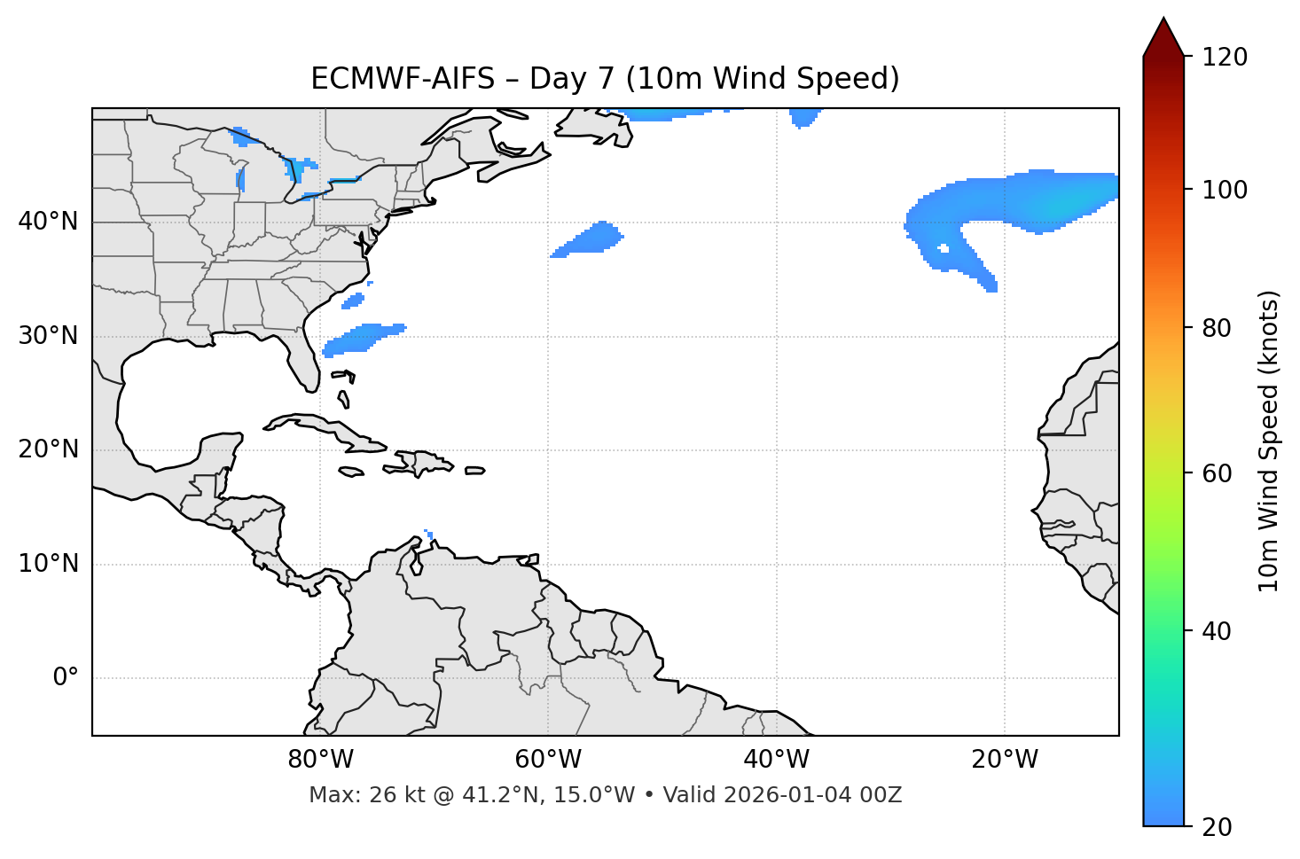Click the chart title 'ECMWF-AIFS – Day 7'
coord(605,79)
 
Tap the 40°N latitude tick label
coord(48,222)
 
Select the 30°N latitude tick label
coord(48,336)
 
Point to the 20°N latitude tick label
coord(48,449)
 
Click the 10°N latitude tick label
coord(48,564)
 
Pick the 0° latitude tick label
coord(66,678)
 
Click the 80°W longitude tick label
coord(320,760)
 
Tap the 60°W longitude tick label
coord(548,760)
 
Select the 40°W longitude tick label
coord(776,760)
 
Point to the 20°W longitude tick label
coord(1004,760)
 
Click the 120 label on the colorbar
coord(1225,58)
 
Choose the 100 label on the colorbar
coord(1225,190)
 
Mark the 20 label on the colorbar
coord(1218,827)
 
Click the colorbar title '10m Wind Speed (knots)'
coord(1269,441)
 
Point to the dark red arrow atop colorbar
coord(1163,38)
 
